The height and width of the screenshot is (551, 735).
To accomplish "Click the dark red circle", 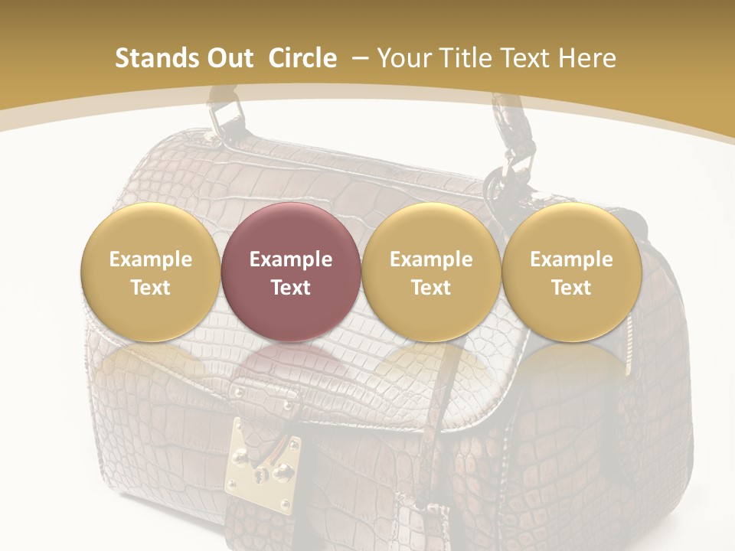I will pos(291,272).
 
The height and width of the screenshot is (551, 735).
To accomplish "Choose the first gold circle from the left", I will pos(150,272).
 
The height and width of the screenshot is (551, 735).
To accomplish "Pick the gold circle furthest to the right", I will pos(571,272).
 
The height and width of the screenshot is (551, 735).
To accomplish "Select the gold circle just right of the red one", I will pos(431,272).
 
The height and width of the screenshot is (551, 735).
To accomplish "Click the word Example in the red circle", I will pos(291,259).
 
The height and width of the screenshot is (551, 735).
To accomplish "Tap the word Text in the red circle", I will pos(291,288).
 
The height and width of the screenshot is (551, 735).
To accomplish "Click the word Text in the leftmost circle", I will pos(150,288).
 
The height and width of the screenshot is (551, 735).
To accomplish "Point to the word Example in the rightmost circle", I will pos(571,259).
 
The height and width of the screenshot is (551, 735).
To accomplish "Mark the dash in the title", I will pos(361,58).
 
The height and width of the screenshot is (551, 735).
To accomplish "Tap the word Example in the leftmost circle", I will pos(150,259).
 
